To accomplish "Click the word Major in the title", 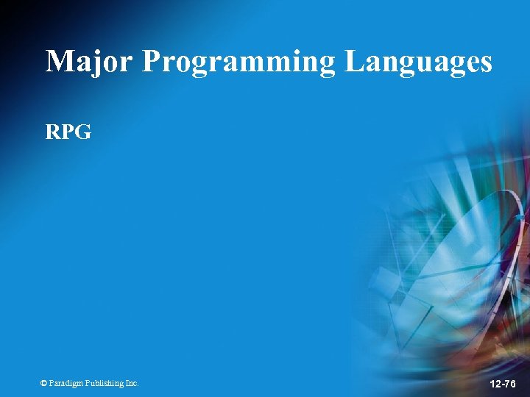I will point(89,61).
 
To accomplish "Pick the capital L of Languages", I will point(355,61).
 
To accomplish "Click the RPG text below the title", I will point(68,132).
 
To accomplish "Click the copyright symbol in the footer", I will point(43,383).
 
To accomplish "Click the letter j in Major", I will point(93,62).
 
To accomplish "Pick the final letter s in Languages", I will point(484,64).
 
